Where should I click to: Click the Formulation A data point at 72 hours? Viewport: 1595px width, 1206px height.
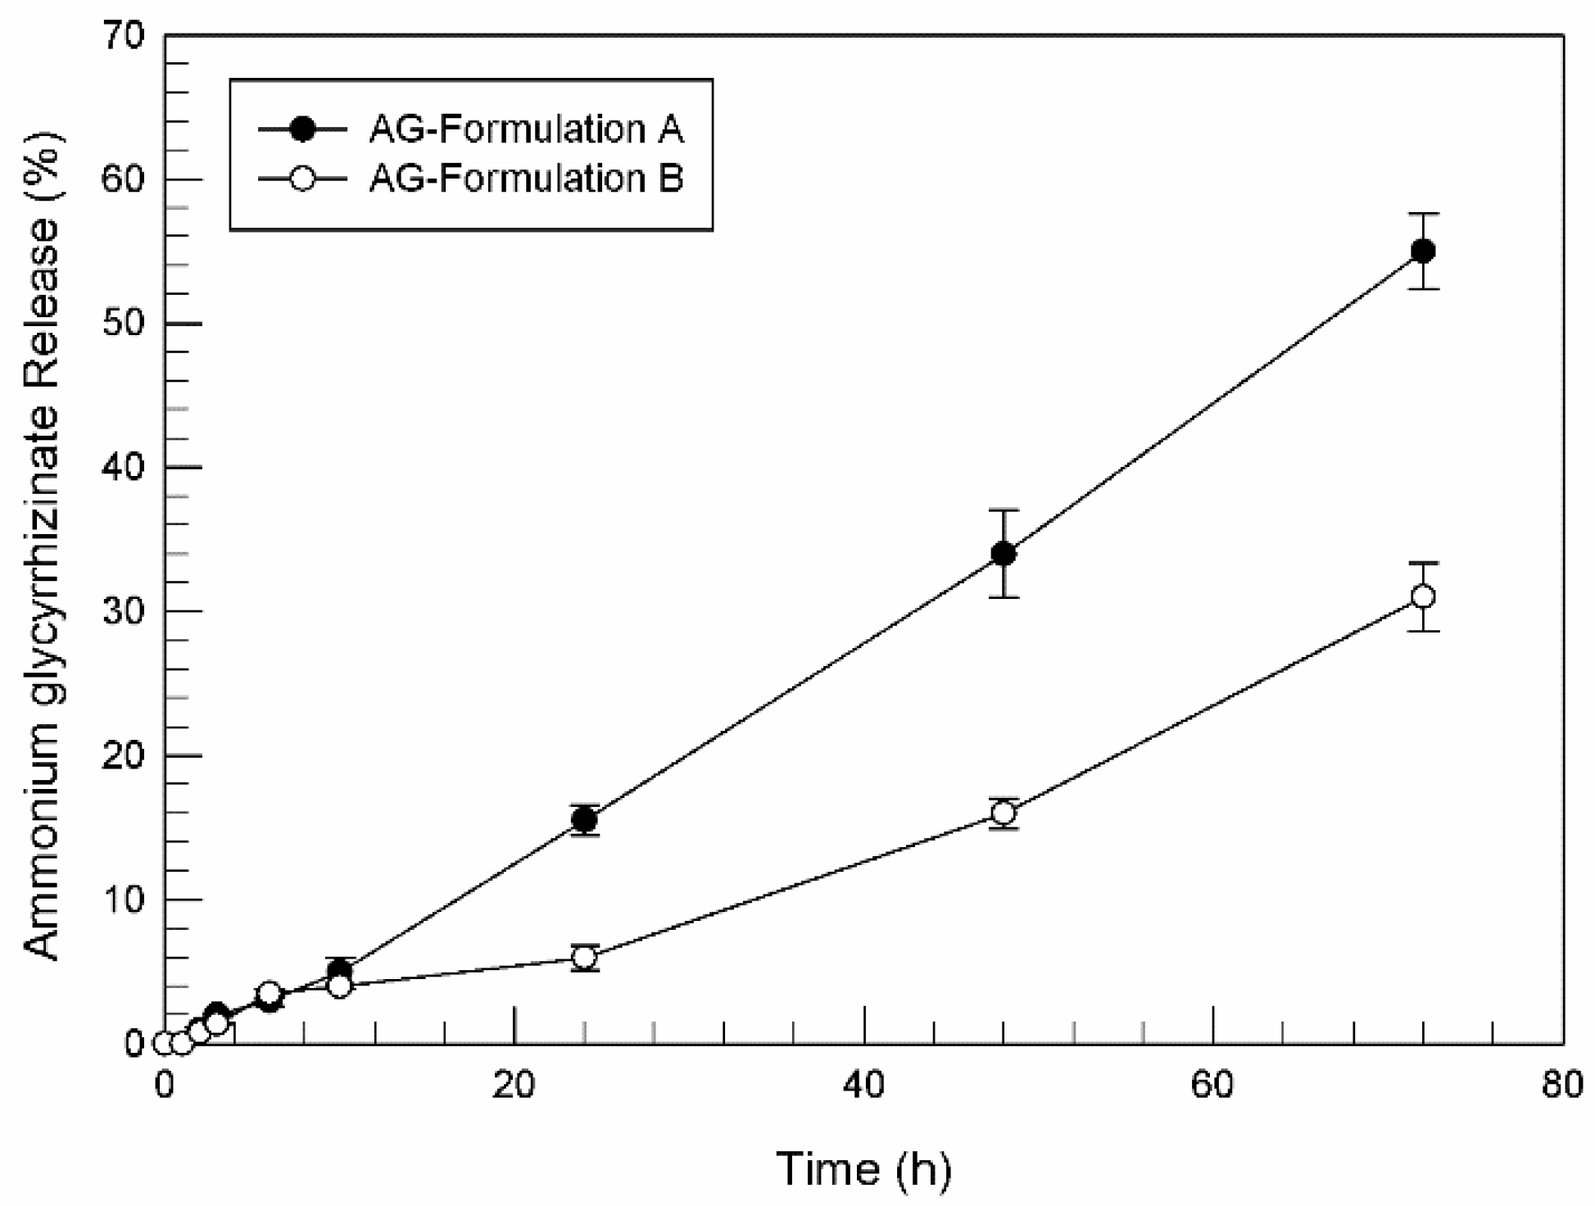point(1423,251)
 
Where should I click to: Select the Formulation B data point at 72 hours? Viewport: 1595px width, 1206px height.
point(1423,596)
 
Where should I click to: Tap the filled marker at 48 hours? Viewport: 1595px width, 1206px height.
point(1003,554)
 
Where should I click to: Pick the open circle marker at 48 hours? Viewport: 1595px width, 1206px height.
point(1003,813)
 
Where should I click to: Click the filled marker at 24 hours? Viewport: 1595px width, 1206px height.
point(584,819)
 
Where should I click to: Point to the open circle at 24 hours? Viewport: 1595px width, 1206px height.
point(584,957)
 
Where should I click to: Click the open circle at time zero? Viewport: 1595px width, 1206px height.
point(164,1043)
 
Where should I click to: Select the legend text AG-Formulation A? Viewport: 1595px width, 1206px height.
point(526,129)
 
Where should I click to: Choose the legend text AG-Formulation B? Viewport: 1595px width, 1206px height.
point(526,178)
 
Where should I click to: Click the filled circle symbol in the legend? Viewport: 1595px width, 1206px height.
point(302,129)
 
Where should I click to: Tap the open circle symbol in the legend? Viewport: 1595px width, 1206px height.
point(302,178)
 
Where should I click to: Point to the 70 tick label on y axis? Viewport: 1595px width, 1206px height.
point(123,35)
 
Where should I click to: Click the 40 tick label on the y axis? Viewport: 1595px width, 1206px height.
point(123,467)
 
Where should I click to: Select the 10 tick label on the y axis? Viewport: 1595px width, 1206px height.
point(123,899)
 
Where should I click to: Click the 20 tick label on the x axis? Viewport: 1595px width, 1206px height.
point(514,1085)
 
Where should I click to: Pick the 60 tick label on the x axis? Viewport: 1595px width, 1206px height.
point(1212,1085)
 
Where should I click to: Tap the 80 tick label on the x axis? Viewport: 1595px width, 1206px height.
point(1561,1085)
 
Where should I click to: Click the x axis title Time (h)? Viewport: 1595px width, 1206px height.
point(863,1168)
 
